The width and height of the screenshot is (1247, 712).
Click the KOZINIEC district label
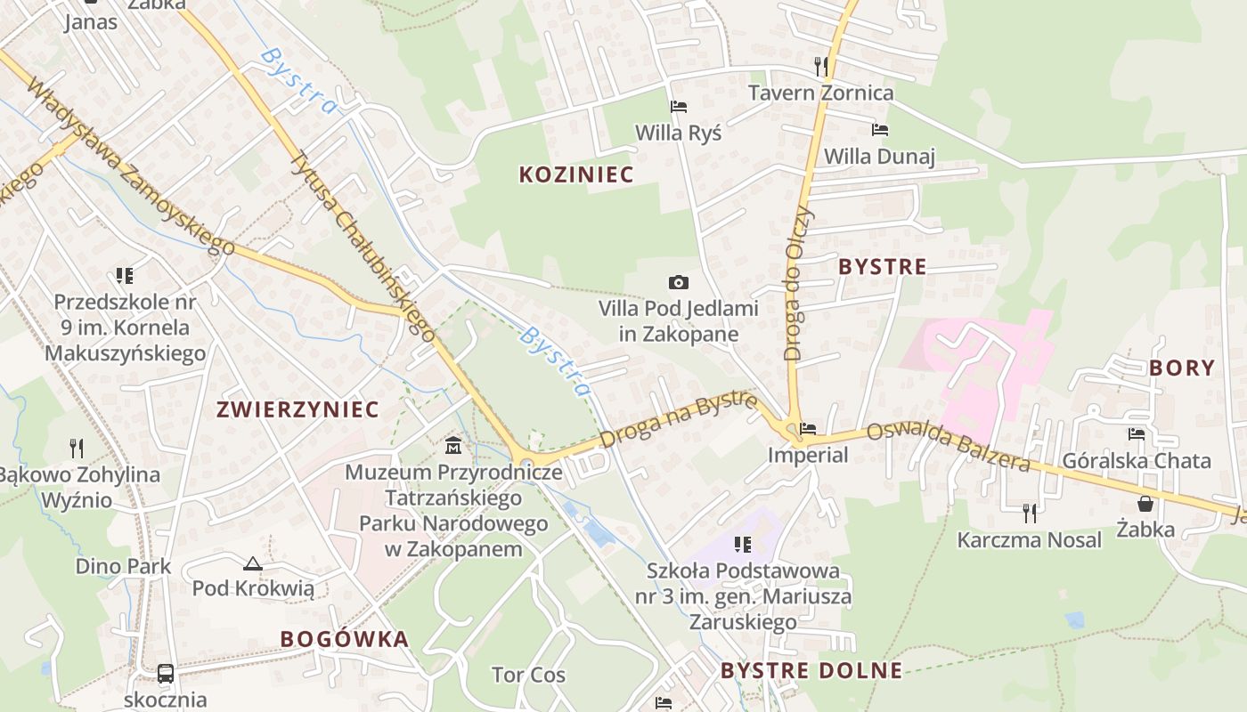coord(576,174)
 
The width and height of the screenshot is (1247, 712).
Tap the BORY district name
coord(1182,368)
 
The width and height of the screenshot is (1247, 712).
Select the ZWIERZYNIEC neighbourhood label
coord(298,409)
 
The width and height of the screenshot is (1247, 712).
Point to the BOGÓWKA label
coord(345,639)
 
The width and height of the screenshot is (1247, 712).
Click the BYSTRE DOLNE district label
coord(811,670)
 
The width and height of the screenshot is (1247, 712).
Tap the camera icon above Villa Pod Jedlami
coord(678,282)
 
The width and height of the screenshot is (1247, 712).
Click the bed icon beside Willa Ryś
coord(678,107)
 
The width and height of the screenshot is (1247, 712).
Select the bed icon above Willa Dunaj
coord(879,130)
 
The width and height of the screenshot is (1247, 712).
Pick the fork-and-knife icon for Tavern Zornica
coord(821,66)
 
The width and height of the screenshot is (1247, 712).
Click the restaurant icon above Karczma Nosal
coord(1030,513)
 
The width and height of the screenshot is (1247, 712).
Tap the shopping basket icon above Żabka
coord(1145,504)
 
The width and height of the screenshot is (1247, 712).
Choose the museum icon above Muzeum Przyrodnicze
coord(453,444)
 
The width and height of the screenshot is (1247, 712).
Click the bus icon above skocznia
coord(166,673)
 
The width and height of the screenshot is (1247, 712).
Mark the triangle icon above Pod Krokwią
coord(253,563)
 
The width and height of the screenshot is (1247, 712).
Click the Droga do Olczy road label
coord(797,283)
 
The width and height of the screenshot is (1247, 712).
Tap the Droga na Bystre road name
coord(679,420)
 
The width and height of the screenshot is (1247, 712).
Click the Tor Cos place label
coord(529,675)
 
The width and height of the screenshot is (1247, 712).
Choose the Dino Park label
coord(123,566)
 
